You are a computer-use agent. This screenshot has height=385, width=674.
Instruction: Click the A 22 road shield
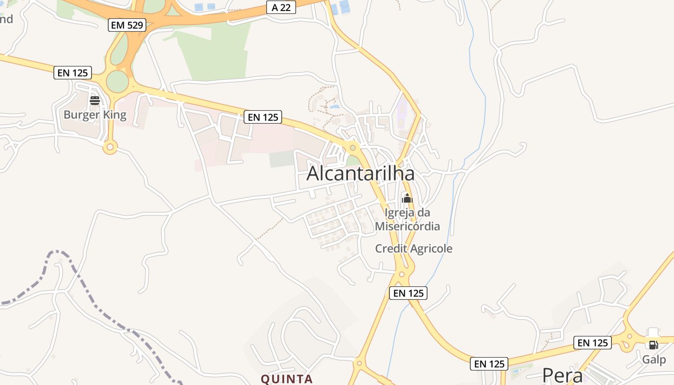pos(281,7)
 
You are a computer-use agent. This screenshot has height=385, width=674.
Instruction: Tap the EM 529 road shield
pos(127,25)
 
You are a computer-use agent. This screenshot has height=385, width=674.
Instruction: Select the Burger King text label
pos(95,115)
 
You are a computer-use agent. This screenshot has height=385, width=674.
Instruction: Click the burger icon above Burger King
pos(95,101)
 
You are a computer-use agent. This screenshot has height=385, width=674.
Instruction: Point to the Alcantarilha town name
pos(361,174)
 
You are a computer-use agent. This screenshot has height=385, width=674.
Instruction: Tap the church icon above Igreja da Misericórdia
pos(407,198)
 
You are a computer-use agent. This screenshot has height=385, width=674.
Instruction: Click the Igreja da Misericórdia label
pos(407,219)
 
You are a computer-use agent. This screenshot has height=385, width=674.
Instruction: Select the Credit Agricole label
pos(414,249)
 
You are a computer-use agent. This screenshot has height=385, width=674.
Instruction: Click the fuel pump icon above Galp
pos(653,345)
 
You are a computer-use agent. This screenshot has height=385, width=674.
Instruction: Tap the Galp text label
pos(654,359)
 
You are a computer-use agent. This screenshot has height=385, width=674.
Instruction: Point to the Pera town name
pos(562,375)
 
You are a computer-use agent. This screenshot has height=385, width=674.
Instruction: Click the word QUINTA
pos(287,379)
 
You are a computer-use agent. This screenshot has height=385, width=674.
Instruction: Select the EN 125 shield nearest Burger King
pos(73,73)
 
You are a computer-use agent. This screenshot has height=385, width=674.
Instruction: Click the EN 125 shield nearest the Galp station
pos(593,343)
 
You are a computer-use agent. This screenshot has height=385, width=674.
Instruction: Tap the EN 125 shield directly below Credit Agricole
pos(408,293)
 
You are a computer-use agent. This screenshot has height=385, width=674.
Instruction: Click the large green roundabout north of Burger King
pos(117,81)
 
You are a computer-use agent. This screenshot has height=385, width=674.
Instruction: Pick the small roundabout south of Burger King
pos(110,147)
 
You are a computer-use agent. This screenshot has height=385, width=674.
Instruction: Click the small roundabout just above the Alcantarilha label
pos(353,147)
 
